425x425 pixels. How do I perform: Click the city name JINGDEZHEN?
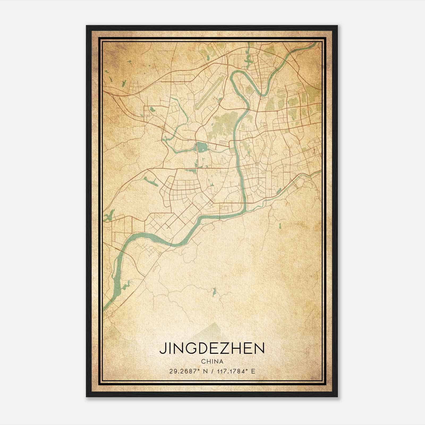tap(212, 348)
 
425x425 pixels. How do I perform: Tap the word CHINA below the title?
tap(212, 362)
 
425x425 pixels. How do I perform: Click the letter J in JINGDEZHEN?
tap(162, 348)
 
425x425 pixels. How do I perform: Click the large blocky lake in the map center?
tap(201, 147)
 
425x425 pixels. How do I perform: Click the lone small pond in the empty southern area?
tap(214, 292)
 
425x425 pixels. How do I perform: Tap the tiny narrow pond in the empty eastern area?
tap(280, 226)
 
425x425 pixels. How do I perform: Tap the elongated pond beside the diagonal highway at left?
tap(150, 181)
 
